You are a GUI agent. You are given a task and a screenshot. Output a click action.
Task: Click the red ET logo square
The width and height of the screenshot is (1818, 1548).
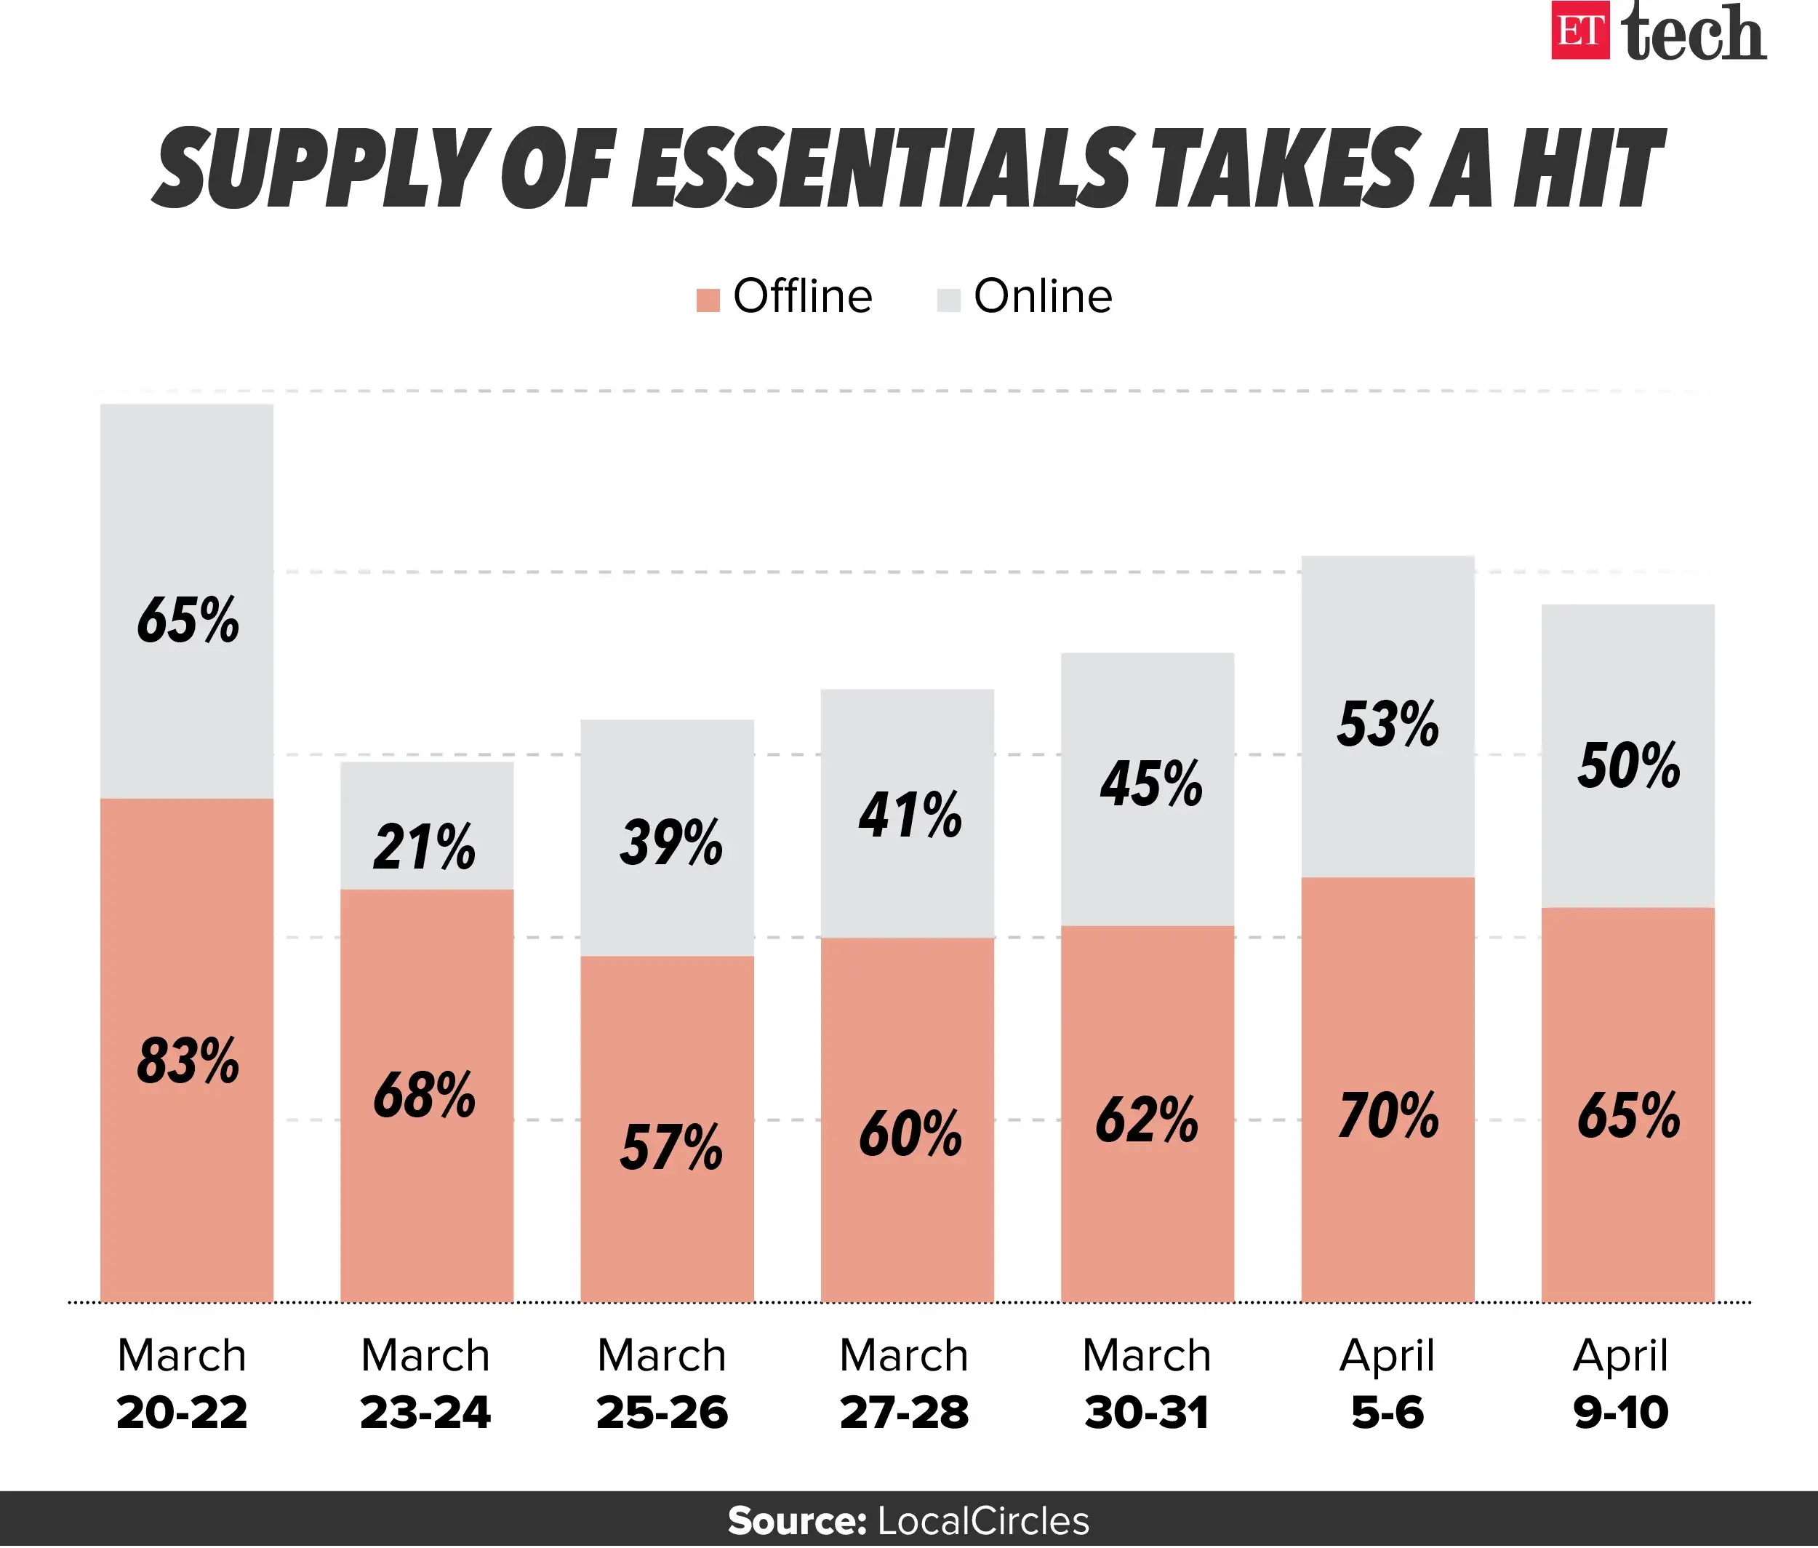pyautogui.click(x=1579, y=31)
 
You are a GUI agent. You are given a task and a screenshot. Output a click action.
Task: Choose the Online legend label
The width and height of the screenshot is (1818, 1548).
pyautogui.click(x=1042, y=297)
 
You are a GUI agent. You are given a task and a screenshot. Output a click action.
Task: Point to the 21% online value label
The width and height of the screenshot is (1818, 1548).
pyautogui.click(x=425, y=847)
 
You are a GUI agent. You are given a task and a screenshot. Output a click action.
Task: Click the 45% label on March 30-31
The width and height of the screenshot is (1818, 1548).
pyautogui.click(x=1150, y=783)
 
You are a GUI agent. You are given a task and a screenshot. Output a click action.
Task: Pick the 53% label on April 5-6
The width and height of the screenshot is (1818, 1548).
pyautogui.click(x=1388, y=725)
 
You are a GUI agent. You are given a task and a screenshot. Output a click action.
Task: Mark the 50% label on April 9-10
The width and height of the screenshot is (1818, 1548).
pyautogui.click(x=1628, y=765)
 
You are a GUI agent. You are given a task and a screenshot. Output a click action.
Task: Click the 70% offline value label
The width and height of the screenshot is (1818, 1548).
pyautogui.click(x=1388, y=1115)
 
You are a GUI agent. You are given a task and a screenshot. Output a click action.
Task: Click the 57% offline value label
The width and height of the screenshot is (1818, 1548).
pyautogui.click(x=671, y=1147)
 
